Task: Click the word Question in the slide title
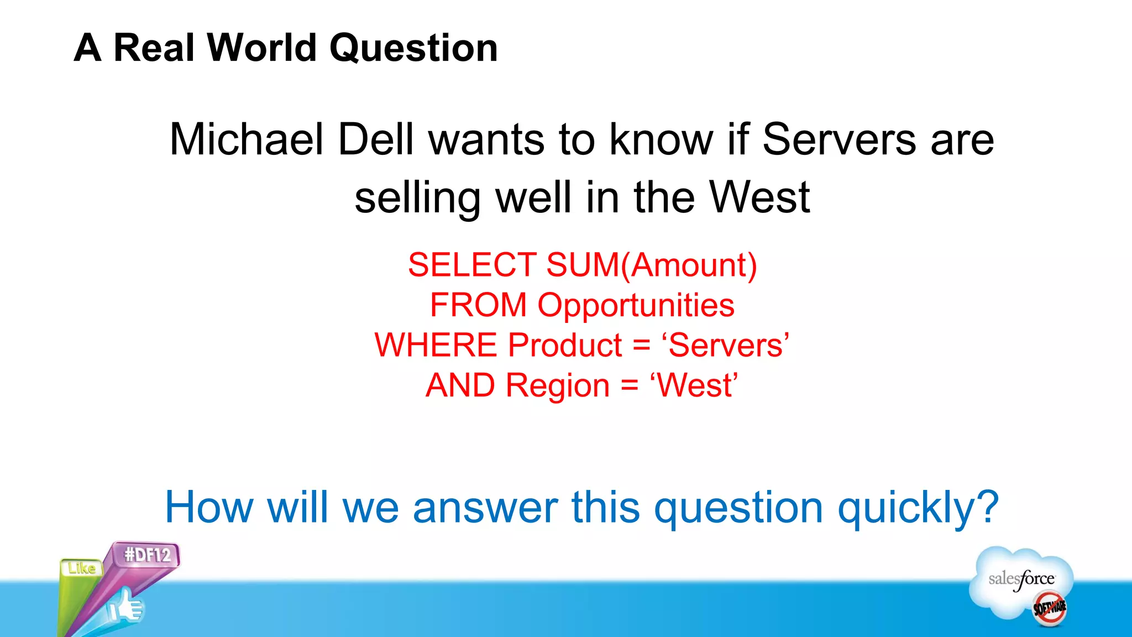point(413,49)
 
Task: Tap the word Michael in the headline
point(246,139)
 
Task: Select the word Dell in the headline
point(375,139)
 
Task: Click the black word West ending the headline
point(759,197)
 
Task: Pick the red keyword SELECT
point(472,265)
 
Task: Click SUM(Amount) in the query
point(652,265)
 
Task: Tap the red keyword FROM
point(478,305)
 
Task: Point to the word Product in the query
point(565,346)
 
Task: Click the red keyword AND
point(460,385)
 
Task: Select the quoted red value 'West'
point(694,385)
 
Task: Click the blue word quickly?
point(918,508)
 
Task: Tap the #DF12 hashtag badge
point(147,555)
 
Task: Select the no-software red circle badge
point(1050,608)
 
